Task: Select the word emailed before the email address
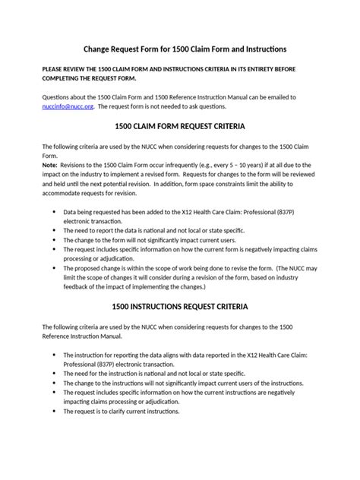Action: [273, 98]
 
